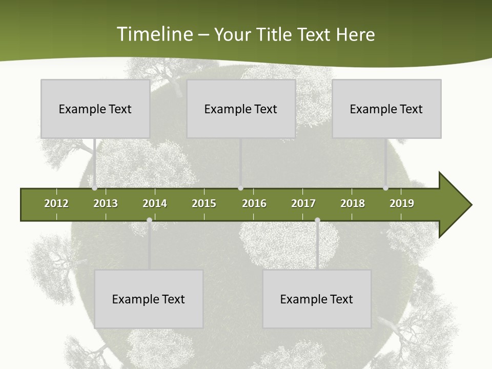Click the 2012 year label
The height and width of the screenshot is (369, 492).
pyautogui.click(x=56, y=203)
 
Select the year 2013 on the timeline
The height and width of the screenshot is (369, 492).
pyautogui.click(x=106, y=203)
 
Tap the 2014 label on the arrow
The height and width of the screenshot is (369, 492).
pyautogui.click(x=155, y=203)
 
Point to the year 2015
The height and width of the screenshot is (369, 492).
pyautogui.click(x=204, y=203)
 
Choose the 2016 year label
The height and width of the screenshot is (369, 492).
pyautogui.click(x=254, y=203)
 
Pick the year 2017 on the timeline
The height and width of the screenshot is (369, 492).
pyautogui.click(x=303, y=203)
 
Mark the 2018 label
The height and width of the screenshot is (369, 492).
pyautogui.click(x=353, y=203)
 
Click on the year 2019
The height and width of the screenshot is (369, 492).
pyautogui.click(x=402, y=203)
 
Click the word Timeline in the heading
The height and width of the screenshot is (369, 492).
pyautogui.click(x=154, y=34)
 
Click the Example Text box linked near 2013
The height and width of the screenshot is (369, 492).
pyautogui.click(x=95, y=109)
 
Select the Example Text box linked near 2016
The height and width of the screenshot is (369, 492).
pyautogui.click(x=241, y=109)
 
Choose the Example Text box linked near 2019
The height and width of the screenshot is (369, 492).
pyautogui.click(x=386, y=109)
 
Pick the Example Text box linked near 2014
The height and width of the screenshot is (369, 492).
pyautogui.click(x=149, y=299)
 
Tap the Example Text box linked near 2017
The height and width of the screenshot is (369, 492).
pyautogui.click(x=317, y=299)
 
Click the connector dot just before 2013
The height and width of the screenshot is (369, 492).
pyautogui.click(x=94, y=188)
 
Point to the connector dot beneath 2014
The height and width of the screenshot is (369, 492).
pyautogui.click(x=149, y=220)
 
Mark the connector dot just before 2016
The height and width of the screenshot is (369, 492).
pyautogui.click(x=240, y=188)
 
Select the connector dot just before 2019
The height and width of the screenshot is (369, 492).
pyautogui.click(x=385, y=188)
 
